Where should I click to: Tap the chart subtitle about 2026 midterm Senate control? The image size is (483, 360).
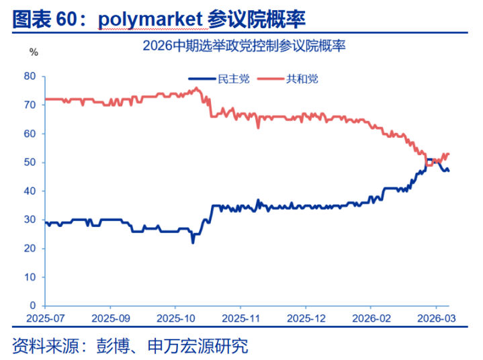[x=245, y=47]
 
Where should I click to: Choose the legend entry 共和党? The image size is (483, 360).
[x=302, y=79]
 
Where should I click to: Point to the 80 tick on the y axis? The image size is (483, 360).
[x=30, y=77]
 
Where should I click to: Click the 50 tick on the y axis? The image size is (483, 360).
[x=30, y=163]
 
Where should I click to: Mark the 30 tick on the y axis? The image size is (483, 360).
[x=30, y=220]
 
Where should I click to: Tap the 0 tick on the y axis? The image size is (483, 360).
[x=33, y=306]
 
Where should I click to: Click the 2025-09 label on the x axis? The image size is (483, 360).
[x=110, y=317]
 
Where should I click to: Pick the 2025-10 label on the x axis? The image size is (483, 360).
[x=175, y=317]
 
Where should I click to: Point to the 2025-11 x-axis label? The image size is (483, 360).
[x=240, y=317]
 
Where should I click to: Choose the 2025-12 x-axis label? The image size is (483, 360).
[x=306, y=317]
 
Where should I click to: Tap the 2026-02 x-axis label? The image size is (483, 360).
[x=371, y=317]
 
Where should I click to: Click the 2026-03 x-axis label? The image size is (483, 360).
[x=435, y=317]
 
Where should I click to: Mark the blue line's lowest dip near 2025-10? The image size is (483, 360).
[x=193, y=242]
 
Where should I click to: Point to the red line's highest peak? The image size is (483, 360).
[x=195, y=88]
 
